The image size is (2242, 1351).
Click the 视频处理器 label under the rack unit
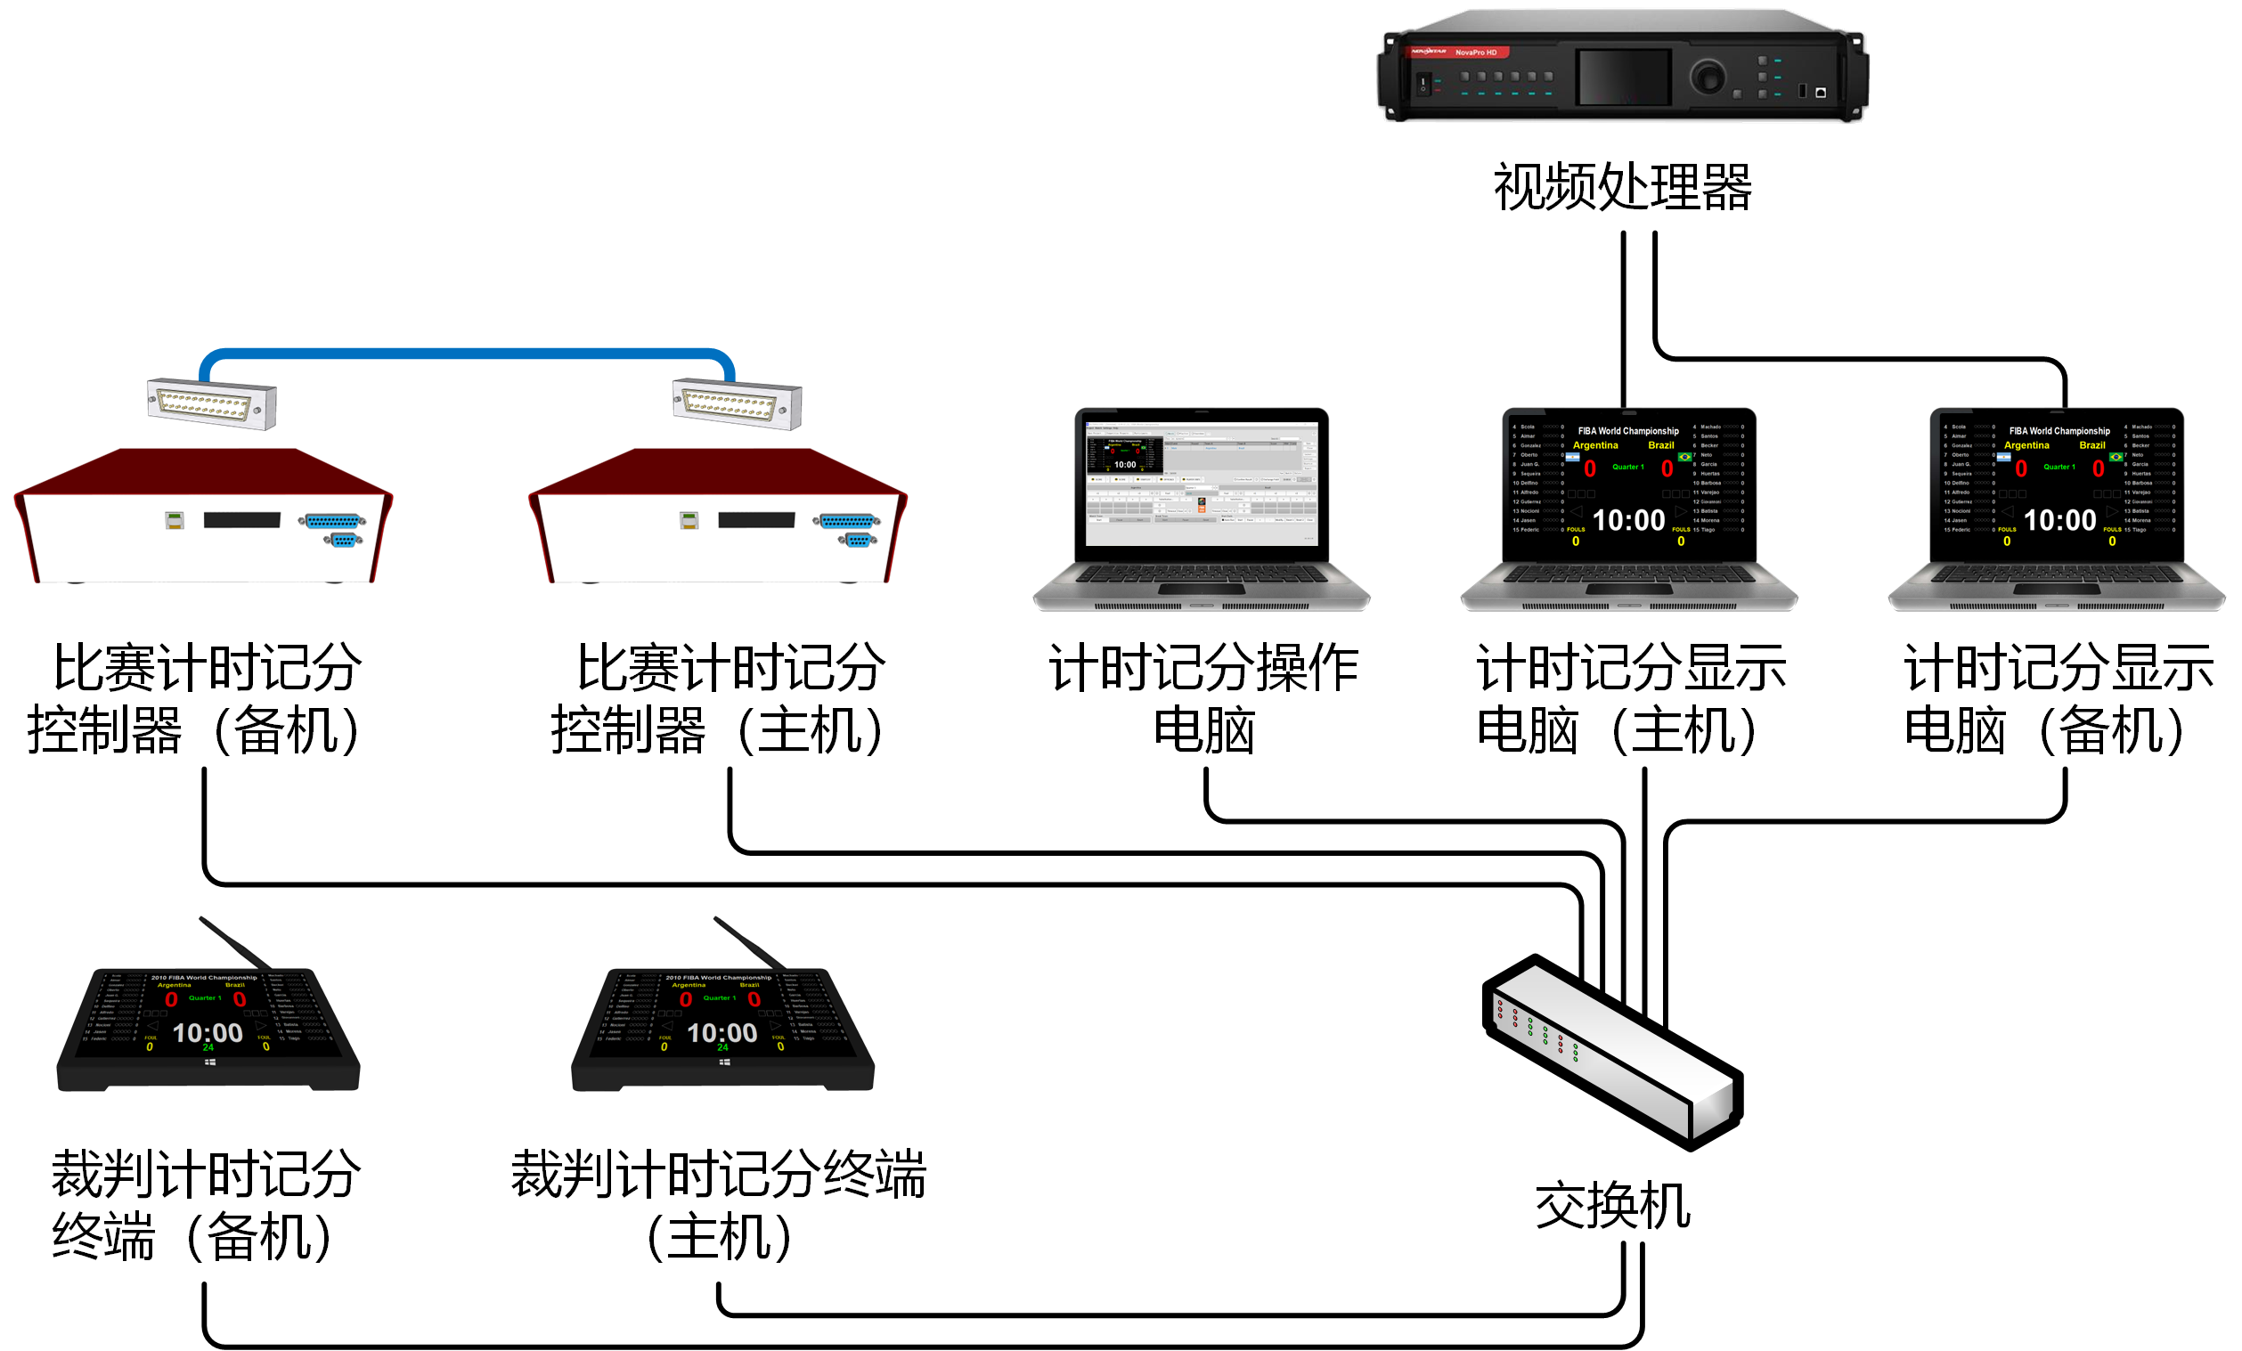pos(1622,187)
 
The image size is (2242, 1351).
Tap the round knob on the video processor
pos(1708,77)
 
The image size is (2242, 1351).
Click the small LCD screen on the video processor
pos(1624,77)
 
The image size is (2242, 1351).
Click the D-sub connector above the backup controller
pos(211,404)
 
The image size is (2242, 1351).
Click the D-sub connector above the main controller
pos(737,404)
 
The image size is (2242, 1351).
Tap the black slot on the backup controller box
pos(242,519)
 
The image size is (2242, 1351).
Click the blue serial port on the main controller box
pos(847,521)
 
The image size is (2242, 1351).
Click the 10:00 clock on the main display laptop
pos(1629,520)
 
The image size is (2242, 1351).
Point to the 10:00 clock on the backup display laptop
pos(2060,520)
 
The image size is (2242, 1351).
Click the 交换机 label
pos(1613,1207)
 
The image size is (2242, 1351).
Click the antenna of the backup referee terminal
pos(235,942)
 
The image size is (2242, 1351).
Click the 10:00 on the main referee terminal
pos(722,1032)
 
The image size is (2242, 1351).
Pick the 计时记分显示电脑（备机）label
pos(2059,699)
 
